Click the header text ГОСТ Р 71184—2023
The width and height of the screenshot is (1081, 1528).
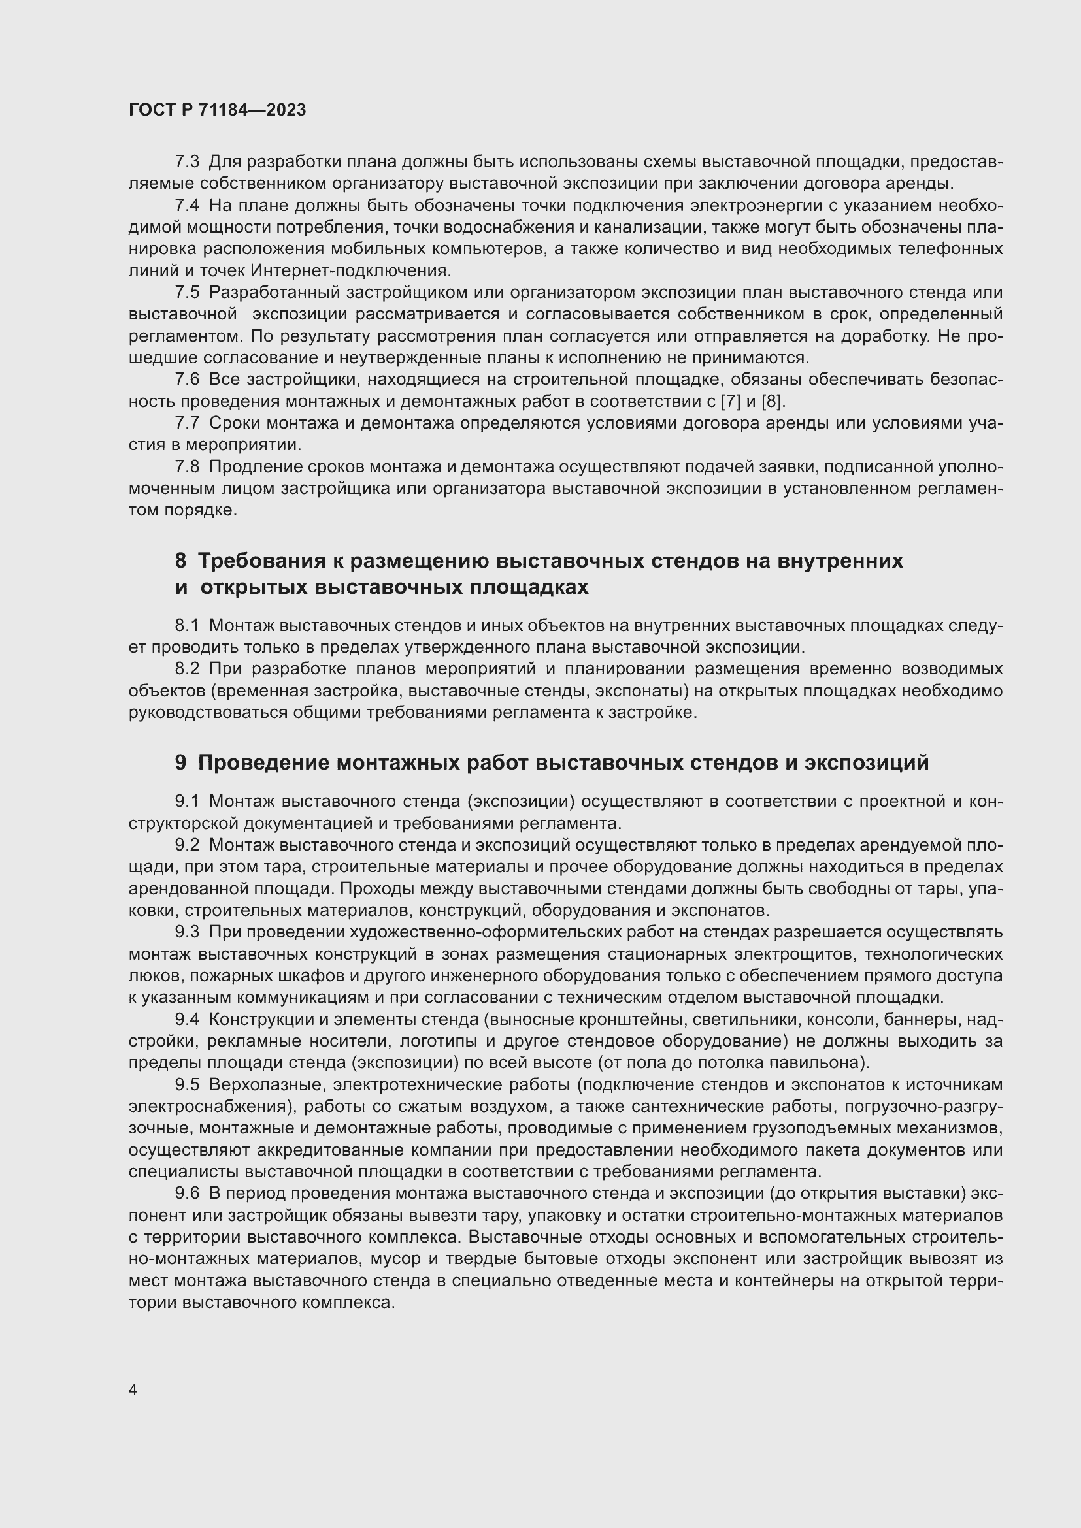tap(217, 110)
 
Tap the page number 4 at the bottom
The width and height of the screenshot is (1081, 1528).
tap(133, 1390)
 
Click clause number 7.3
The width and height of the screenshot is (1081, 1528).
tap(187, 162)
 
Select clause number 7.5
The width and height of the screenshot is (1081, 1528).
tap(187, 292)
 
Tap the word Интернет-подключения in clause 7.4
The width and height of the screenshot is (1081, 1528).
tap(351, 271)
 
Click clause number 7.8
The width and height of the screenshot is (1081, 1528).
tap(187, 466)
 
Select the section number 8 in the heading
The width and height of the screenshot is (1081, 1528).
tap(180, 561)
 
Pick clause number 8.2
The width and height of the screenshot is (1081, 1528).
tap(187, 668)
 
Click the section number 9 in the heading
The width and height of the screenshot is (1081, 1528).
tap(180, 762)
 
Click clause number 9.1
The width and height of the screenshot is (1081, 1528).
tap(187, 802)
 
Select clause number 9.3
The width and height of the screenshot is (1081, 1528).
tap(187, 932)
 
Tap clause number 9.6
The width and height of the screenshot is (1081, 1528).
tap(187, 1194)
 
